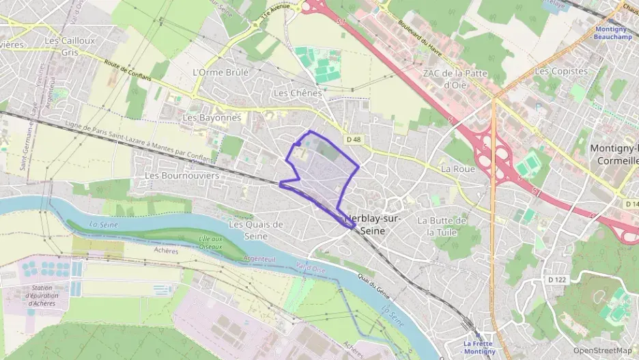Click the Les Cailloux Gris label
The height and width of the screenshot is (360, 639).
pos(69,46)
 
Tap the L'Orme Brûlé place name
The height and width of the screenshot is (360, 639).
pos(221,72)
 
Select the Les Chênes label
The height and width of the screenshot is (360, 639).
pos(297,92)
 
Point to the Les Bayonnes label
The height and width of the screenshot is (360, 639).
pos(212,117)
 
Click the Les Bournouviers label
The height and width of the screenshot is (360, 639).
pos(182,176)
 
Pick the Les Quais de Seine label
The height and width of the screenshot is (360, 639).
pos(255,230)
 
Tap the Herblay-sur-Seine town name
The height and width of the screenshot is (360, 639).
pos(373,225)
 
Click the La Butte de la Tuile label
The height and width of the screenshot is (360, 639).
pos(442,226)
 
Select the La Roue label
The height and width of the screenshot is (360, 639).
pos(457,168)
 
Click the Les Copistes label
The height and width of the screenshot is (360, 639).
pos(560,71)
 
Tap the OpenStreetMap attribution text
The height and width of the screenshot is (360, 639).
pos(601,350)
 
